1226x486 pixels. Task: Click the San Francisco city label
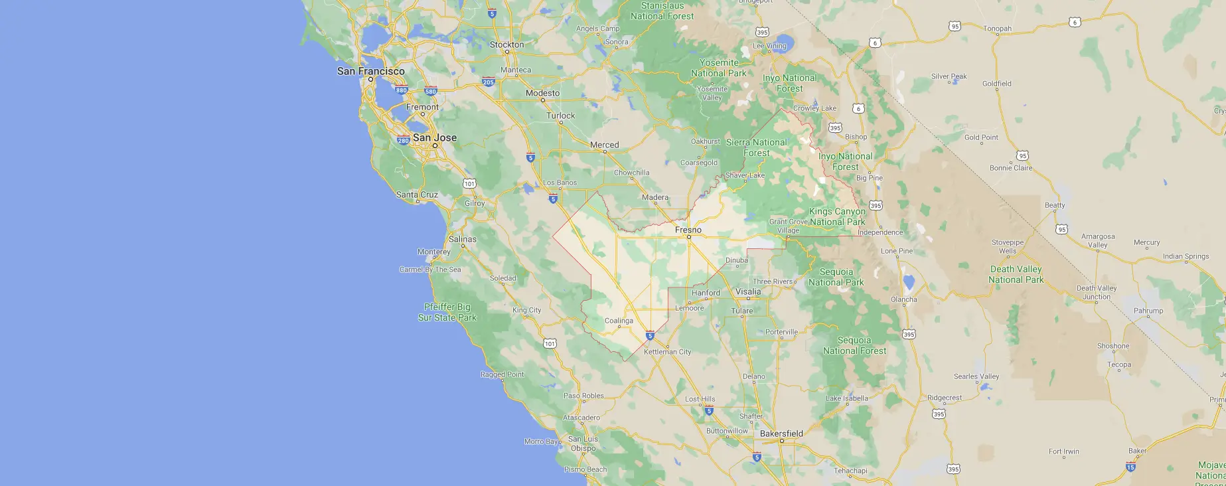[370, 71]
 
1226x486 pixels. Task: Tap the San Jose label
[435, 137]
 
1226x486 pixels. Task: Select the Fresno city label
[688, 230]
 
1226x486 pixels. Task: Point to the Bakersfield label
[781, 434]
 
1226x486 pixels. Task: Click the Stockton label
[506, 44]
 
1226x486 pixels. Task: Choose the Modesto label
[542, 93]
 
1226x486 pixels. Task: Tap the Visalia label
[748, 291]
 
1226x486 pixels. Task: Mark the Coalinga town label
[619, 321]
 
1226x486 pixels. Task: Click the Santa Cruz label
[417, 195]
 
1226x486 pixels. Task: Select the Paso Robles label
[583, 396]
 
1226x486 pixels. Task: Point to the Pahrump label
[1148, 311]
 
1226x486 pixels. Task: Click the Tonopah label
[998, 29]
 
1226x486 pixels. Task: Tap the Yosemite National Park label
[719, 68]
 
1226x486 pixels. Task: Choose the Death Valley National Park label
[1016, 274]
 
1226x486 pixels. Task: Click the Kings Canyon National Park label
[837, 216]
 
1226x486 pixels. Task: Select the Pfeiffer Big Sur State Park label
[447, 312]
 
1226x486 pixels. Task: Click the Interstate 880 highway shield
[401, 90]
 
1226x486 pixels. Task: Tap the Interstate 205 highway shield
[489, 82]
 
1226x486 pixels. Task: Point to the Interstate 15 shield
[1130, 467]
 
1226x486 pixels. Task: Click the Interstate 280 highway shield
[403, 140]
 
